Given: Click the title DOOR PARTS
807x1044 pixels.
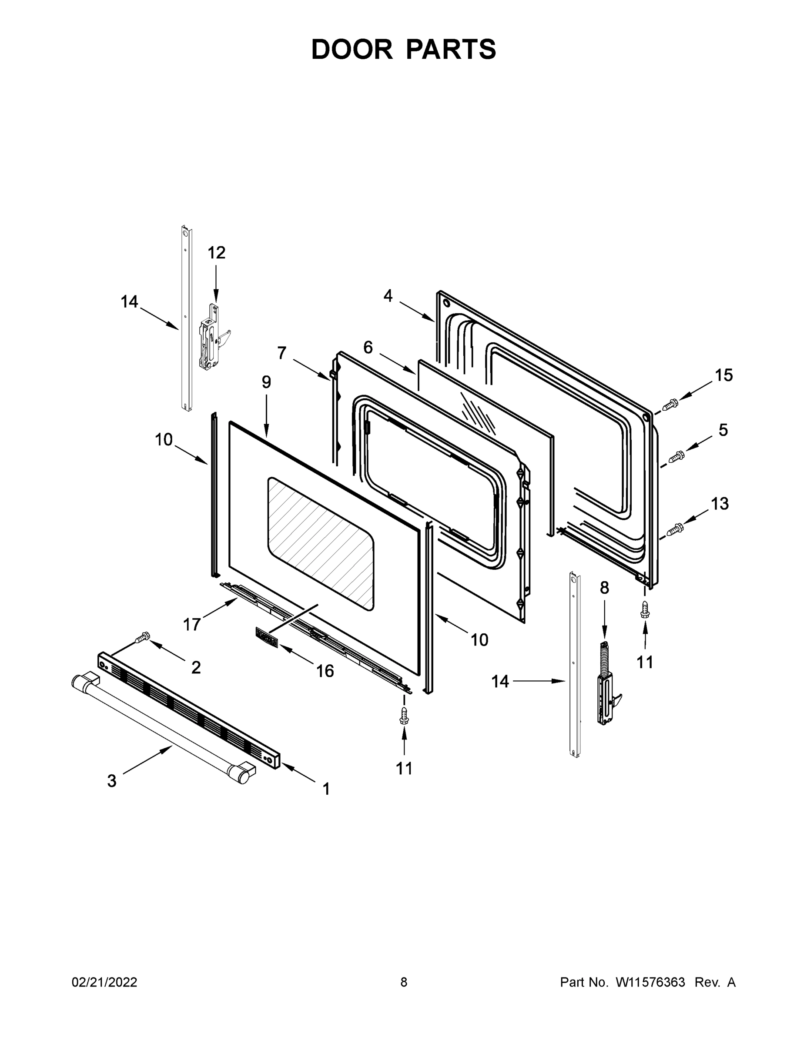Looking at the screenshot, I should click(x=404, y=49).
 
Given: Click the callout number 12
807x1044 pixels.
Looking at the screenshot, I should click(x=216, y=252).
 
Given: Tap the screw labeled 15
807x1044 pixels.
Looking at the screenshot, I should click(x=671, y=405).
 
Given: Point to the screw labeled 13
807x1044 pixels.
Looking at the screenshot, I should click(x=676, y=529).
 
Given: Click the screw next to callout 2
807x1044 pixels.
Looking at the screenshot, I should click(x=142, y=637).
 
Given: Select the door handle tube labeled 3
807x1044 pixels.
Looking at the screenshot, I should click(x=163, y=721).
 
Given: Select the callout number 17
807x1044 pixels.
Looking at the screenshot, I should click(x=192, y=624).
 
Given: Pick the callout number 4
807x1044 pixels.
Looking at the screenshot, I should click(x=388, y=296).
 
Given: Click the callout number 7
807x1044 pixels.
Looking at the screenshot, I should click(x=282, y=353).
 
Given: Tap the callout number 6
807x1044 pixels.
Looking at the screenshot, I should click(x=368, y=348).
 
